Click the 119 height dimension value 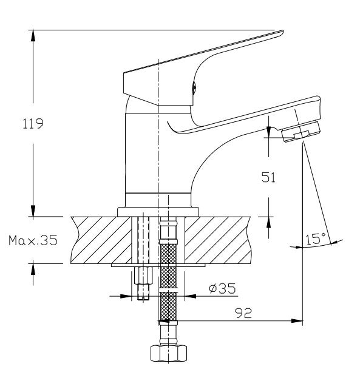click(33, 124)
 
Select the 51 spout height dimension click(269, 177)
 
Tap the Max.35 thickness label click(33, 240)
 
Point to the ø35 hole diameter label click(222, 288)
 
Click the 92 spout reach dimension click(243, 313)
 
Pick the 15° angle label click(316, 238)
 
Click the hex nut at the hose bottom click(169, 353)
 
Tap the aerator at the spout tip click(301, 131)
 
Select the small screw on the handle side click(194, 87)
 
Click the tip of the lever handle click(282, 32)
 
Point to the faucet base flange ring click(158, 212)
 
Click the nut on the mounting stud click(143, 275)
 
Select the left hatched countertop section click(101, 240)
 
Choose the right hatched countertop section click(218, 240)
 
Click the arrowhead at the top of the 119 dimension click(33, 36)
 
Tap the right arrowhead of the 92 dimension click(297, 321)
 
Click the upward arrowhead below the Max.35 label click(33, 269)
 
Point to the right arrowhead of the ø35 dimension click(191, 296)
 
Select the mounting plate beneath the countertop click(158, 265)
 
